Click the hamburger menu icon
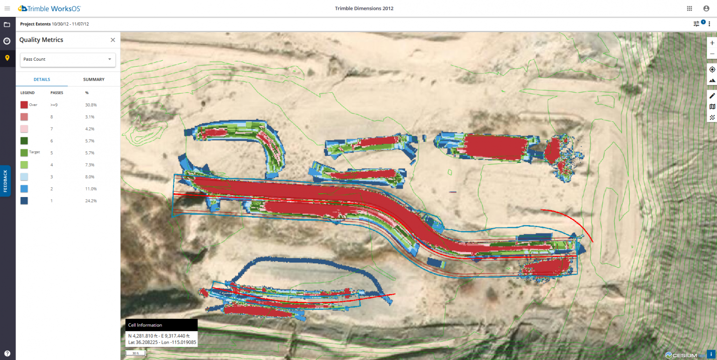click(x=7, y=8)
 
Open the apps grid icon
click(x=689, y=8)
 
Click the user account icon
click(x=706, y=8)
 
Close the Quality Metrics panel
click(x=112, y=40)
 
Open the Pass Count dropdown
click(x=68, y=59)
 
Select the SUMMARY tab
click(x=94, y=79)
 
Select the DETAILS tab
click(x=42, y=79)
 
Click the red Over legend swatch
click(x=24, y=105)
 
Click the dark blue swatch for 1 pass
click(x=24, y=201)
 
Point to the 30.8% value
click(x=90, y=105)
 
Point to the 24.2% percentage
click(x=90, y=201)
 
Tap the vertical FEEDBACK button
click(x=6, y=181)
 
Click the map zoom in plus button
click(x=712, y=43)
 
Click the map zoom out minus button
click(x=712, y=54)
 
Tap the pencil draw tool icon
click(x=712, y=95)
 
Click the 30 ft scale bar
click(x=135, y=353)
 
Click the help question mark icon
click(x=7, y=353)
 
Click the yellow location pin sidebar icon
click(x=7, y=58)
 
